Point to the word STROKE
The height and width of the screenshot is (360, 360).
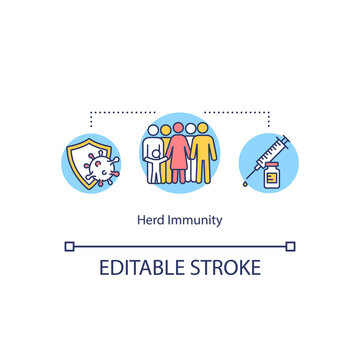(x=227, y=268)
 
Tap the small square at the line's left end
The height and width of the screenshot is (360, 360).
(x=69, y=245)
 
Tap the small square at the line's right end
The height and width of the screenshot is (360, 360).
(x=291, y=245)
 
